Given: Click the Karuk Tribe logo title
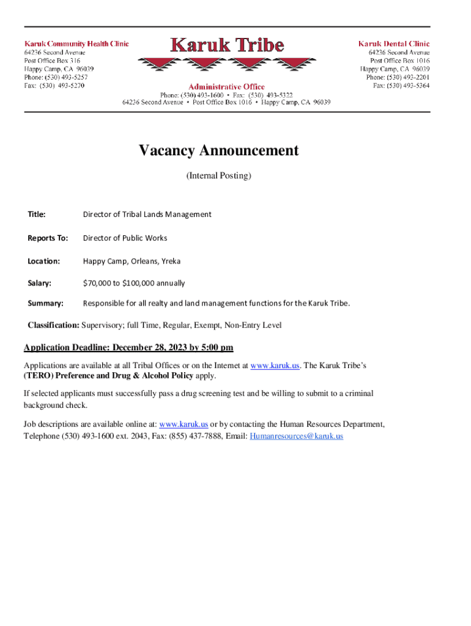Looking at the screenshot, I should pyautogui.click(x=227, y=45).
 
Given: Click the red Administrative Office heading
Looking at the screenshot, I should pyautogui.click(x=226, y=87).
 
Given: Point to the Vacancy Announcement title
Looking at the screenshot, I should pyautogui.click(x=218, y=150).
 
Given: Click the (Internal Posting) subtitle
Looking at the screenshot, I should pyautogui.click(x=218, y=175).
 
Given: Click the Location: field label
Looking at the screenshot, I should pyautogui.click(x=44, y=261).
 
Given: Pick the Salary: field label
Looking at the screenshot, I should pyautogui.click(x=39, y=284).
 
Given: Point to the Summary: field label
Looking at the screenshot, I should pyautogui.click(x=45, y=303).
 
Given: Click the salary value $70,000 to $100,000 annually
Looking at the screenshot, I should pyautogui.click(x=134, y=284).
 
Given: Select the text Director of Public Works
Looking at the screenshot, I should pyautogui.click(x=125, y=238).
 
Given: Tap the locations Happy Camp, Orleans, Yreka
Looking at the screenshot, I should pyautogui.click(x=128, y=261).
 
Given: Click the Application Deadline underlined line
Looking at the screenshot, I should pyautogui.click(x=128, y=348).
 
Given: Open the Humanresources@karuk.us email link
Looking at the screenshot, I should pyautogui.click(x=297, y=436).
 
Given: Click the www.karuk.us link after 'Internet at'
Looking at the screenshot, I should pyautogui.click(x=275, y=365).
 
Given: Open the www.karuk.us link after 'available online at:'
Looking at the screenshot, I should pyautogui.click(x=184, y=424).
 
